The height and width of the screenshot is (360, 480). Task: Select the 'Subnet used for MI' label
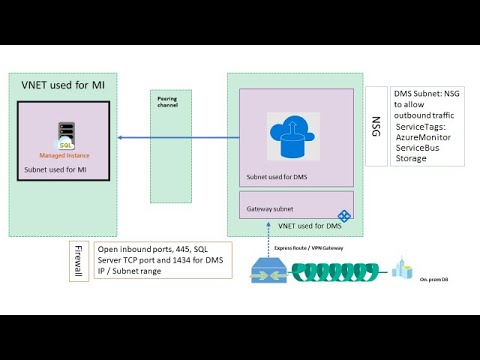57,170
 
